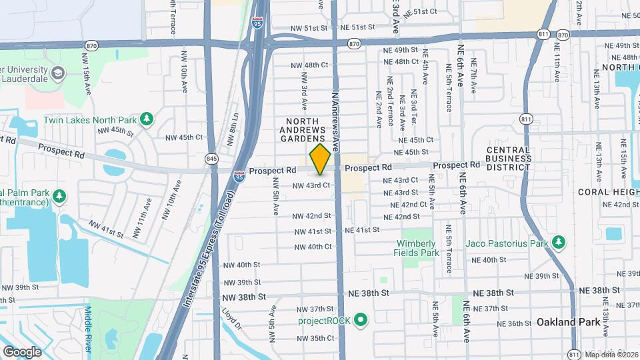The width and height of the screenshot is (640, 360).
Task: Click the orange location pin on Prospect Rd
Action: click(x=320, y=159)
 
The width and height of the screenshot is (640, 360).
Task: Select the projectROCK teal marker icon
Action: click(x=361, y=321)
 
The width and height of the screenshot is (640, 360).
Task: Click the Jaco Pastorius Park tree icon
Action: click(x=559, y=243)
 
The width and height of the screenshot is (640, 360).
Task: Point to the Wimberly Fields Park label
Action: click(x=418, y=248)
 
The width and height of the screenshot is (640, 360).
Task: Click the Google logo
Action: click(x=22, y=351)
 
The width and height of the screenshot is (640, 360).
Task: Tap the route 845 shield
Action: click(x=212, y=159)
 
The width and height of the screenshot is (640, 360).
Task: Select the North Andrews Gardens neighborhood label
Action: click(x=302, y=130)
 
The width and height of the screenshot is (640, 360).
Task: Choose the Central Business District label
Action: click(x=508, y=159)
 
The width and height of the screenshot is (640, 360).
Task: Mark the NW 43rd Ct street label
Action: click(x=311, y=185)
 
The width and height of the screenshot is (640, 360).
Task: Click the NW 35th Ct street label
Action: click(x=312, y=338)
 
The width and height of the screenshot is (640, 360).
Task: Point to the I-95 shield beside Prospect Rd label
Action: click(x=239, y=177)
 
